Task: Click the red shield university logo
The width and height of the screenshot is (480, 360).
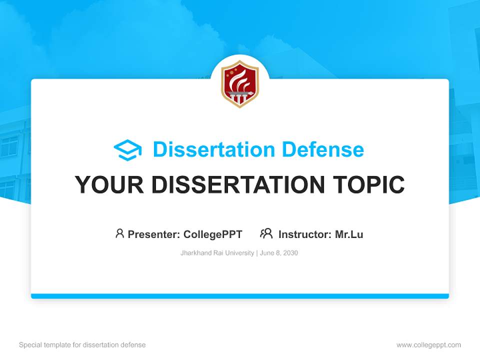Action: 240,84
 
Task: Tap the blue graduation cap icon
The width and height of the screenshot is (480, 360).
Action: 127,150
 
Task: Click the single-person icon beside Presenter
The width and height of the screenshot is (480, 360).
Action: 119,233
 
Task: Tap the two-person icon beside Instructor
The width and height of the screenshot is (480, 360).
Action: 266,233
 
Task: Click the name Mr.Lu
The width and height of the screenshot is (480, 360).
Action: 349,234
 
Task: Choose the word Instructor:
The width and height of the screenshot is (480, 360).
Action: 304,234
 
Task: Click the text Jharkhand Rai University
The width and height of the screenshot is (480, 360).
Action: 217,253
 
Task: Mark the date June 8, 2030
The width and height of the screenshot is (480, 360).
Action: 278,253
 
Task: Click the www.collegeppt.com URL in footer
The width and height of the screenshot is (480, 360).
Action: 428,345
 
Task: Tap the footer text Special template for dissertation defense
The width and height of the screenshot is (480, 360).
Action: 82,345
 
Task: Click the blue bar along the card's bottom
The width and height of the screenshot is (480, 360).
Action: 240,296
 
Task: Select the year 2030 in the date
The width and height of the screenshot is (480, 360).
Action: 290,253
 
